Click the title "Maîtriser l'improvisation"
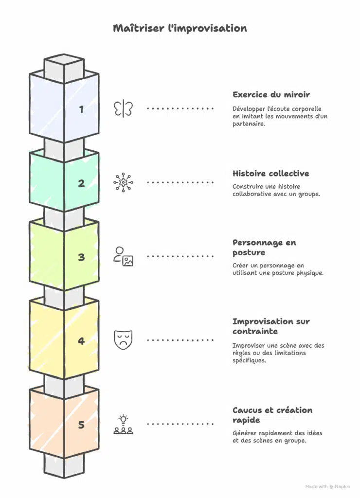pos(180,28)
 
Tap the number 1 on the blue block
pos(81,109)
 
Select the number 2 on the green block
pos(81,183)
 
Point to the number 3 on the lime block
pos(81,257)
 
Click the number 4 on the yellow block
pos(81,341)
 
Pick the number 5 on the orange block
pos(81,425)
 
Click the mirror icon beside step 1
pos(123,108)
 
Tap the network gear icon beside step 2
pos(123,182)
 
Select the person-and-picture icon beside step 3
pos(123,256)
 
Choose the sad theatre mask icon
pos(123,340)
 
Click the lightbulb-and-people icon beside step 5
pos(123,424)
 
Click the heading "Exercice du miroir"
pos(271,95)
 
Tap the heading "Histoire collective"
pos(270,174)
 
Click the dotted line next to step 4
pos(180,340)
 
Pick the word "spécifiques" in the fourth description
pos(249,360)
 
